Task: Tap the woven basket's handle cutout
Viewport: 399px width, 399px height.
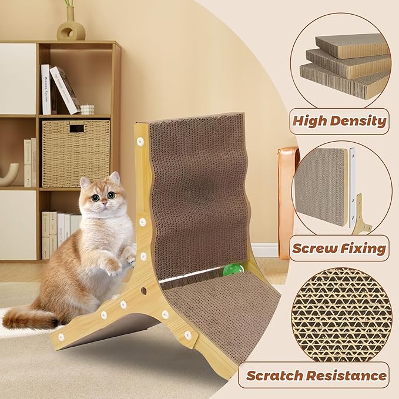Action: pos(76,129)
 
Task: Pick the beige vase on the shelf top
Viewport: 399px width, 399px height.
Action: pos(71,25)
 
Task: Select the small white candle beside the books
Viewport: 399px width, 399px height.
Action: pos(88,109)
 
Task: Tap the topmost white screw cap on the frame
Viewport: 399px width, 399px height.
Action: pos(140,141)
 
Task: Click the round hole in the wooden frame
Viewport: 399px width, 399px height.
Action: pos(143,291)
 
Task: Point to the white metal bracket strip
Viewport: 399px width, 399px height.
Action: pos(352,187)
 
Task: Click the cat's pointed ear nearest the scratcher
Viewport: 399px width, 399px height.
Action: pos(115,177)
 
